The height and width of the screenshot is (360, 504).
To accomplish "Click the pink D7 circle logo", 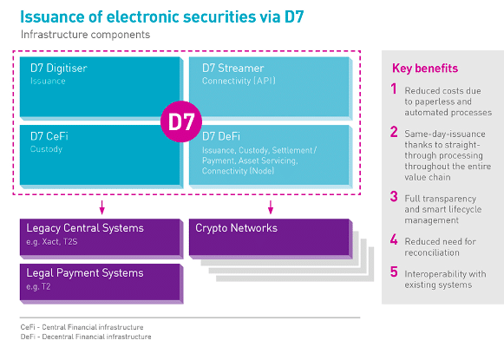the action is coord(181,121).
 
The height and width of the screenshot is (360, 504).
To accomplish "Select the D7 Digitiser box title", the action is coord(59,69).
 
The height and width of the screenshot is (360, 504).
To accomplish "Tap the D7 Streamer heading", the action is coord(233,69).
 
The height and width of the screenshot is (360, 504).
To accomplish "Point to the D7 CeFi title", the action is coord(49,136).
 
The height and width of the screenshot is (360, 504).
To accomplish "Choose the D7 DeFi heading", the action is coord(221,136).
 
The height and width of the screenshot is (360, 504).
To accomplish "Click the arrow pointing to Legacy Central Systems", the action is coord(101,207).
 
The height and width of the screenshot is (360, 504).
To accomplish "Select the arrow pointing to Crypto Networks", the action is coord(271,207).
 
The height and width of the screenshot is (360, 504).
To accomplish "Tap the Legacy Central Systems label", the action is coord(85,228).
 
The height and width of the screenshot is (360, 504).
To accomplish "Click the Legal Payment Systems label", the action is coord(85,273).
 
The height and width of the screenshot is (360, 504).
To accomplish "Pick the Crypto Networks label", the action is coord(236,228).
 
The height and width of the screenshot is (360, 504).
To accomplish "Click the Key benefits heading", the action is coord(425,69).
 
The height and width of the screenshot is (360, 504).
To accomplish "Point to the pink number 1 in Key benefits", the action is coord(394,88).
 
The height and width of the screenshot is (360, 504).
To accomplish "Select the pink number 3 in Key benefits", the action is coord(394,196).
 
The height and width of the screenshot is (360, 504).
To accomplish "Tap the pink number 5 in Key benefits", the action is coord(394,272).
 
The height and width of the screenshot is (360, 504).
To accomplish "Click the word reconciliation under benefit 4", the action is coord(432,252).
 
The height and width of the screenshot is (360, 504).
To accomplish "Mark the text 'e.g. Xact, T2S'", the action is coord(52,242).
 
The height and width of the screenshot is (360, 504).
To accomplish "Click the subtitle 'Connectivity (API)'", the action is coord(239,81).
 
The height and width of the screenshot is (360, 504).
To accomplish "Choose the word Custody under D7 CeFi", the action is coord(46,149).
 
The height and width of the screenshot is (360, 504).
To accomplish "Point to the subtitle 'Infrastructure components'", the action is coord(85,35).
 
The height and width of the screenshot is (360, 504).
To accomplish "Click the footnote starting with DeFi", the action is coord(86,337).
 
